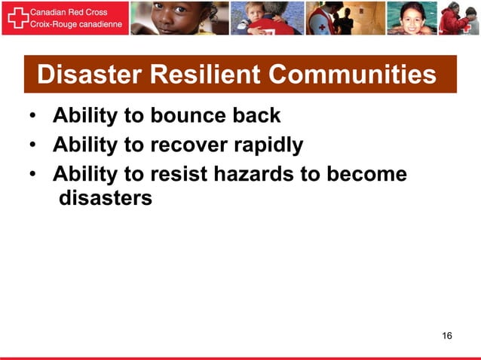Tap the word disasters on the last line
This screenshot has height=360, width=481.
tap(106, 199)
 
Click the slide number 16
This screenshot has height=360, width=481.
tap(447, 334)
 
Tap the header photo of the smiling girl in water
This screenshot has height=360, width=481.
tap(410, 18)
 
